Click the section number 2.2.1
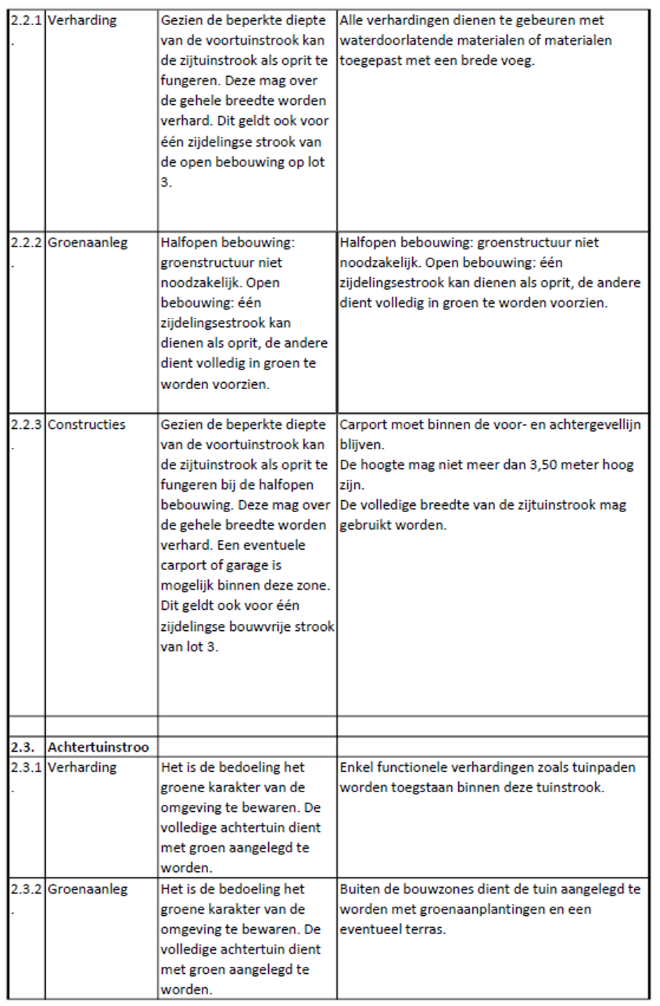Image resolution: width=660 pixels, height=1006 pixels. point(26,20)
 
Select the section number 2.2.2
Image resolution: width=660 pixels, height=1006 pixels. point(26,243)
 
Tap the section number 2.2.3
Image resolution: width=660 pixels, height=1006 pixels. point(26,425)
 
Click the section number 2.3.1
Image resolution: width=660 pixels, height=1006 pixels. point(26,767)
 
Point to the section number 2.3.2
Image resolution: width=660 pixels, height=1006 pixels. point(26,889)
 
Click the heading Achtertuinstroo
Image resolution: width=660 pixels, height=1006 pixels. point(98,747)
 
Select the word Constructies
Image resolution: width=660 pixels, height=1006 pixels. point(87,425)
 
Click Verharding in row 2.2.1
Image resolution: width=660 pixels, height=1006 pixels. point(82,20)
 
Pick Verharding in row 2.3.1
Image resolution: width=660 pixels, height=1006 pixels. point(82,767)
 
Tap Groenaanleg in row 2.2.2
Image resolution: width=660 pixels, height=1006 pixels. point(87,243)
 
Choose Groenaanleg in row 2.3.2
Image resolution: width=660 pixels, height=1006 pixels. point(87,889)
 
